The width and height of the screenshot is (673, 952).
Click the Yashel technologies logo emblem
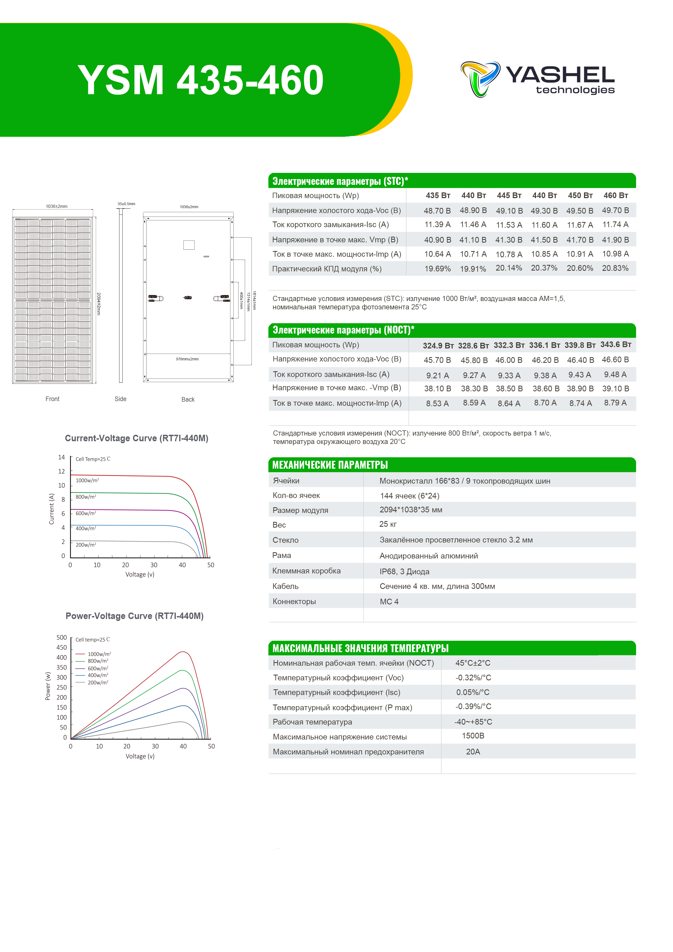click(x=480, y=79)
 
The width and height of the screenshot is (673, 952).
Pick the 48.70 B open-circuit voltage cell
click(x=437, y=211)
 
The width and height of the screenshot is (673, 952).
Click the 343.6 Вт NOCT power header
click(x=615, y=345)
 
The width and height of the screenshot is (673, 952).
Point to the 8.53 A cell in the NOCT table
click(x=437, y=404)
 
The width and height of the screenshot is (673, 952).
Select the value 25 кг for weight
click(x=388, y=524)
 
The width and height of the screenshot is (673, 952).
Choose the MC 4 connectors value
click(x=389, y=602)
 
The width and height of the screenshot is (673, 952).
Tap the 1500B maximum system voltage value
click(x=473, y=735)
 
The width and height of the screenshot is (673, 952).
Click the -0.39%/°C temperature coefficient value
click(x=473, y=706)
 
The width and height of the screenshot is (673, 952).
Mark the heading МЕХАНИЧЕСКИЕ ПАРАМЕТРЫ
click(x=330, y=465)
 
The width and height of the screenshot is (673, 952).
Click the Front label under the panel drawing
click(x=52, y=399)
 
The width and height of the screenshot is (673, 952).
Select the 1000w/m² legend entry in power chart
click(x=99, y=654)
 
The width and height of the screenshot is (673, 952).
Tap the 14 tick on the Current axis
click(x=61, y=457)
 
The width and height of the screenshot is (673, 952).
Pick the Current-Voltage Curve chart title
click(x=136, y=438)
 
